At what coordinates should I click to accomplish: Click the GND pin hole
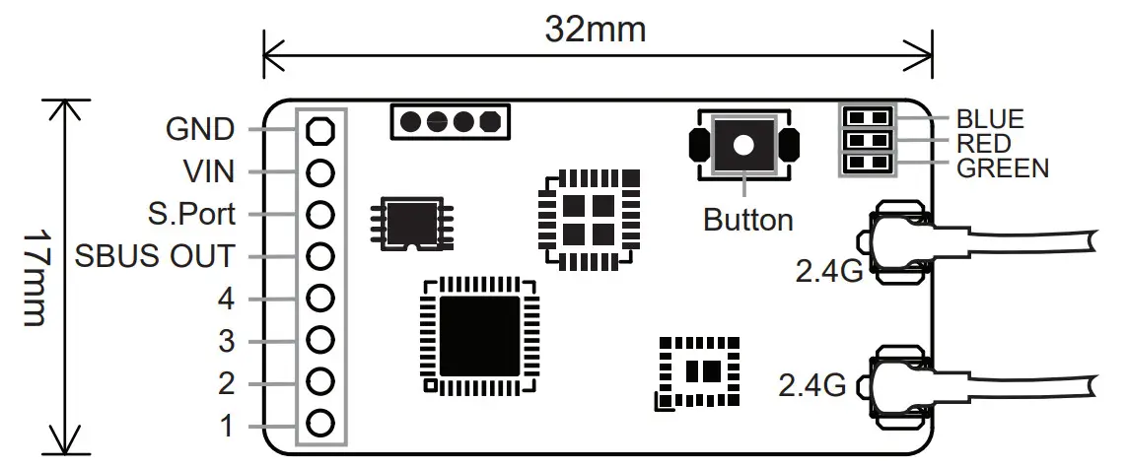[x=318, y=130]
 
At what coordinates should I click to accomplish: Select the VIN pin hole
[x=318, y=172]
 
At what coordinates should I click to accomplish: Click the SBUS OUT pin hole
[x=318, y=256]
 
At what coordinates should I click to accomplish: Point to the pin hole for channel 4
[x=318, y=298]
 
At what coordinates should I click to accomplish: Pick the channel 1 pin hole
[x=318, y=425]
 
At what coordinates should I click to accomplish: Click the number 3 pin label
[x=226, y=342]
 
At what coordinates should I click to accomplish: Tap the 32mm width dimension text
[x=597, y=30]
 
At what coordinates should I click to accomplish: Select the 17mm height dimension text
[x=35, y=279]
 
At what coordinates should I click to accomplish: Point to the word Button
[x=747, y=219]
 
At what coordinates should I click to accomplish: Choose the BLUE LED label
[x=991, y=119]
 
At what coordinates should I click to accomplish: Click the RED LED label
[x=984, y=144]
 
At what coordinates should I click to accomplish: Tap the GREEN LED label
[x=1003, y=167]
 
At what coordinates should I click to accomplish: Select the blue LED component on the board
[x=867, y=117]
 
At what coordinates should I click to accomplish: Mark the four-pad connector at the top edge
[x=450, y=121]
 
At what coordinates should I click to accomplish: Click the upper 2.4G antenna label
[x=828, y=268]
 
